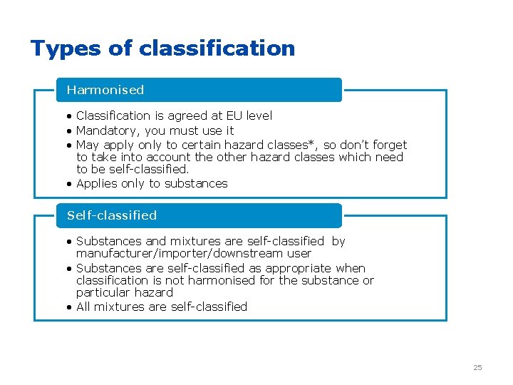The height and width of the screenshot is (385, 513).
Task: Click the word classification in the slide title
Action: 217,48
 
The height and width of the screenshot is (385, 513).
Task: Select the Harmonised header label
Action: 105,90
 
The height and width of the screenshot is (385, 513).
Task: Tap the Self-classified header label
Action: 112,215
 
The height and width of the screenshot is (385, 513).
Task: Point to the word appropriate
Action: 299,268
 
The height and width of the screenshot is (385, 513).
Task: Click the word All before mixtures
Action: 83,307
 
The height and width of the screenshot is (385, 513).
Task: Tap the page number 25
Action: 477,367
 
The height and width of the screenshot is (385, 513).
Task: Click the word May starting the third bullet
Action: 88,145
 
